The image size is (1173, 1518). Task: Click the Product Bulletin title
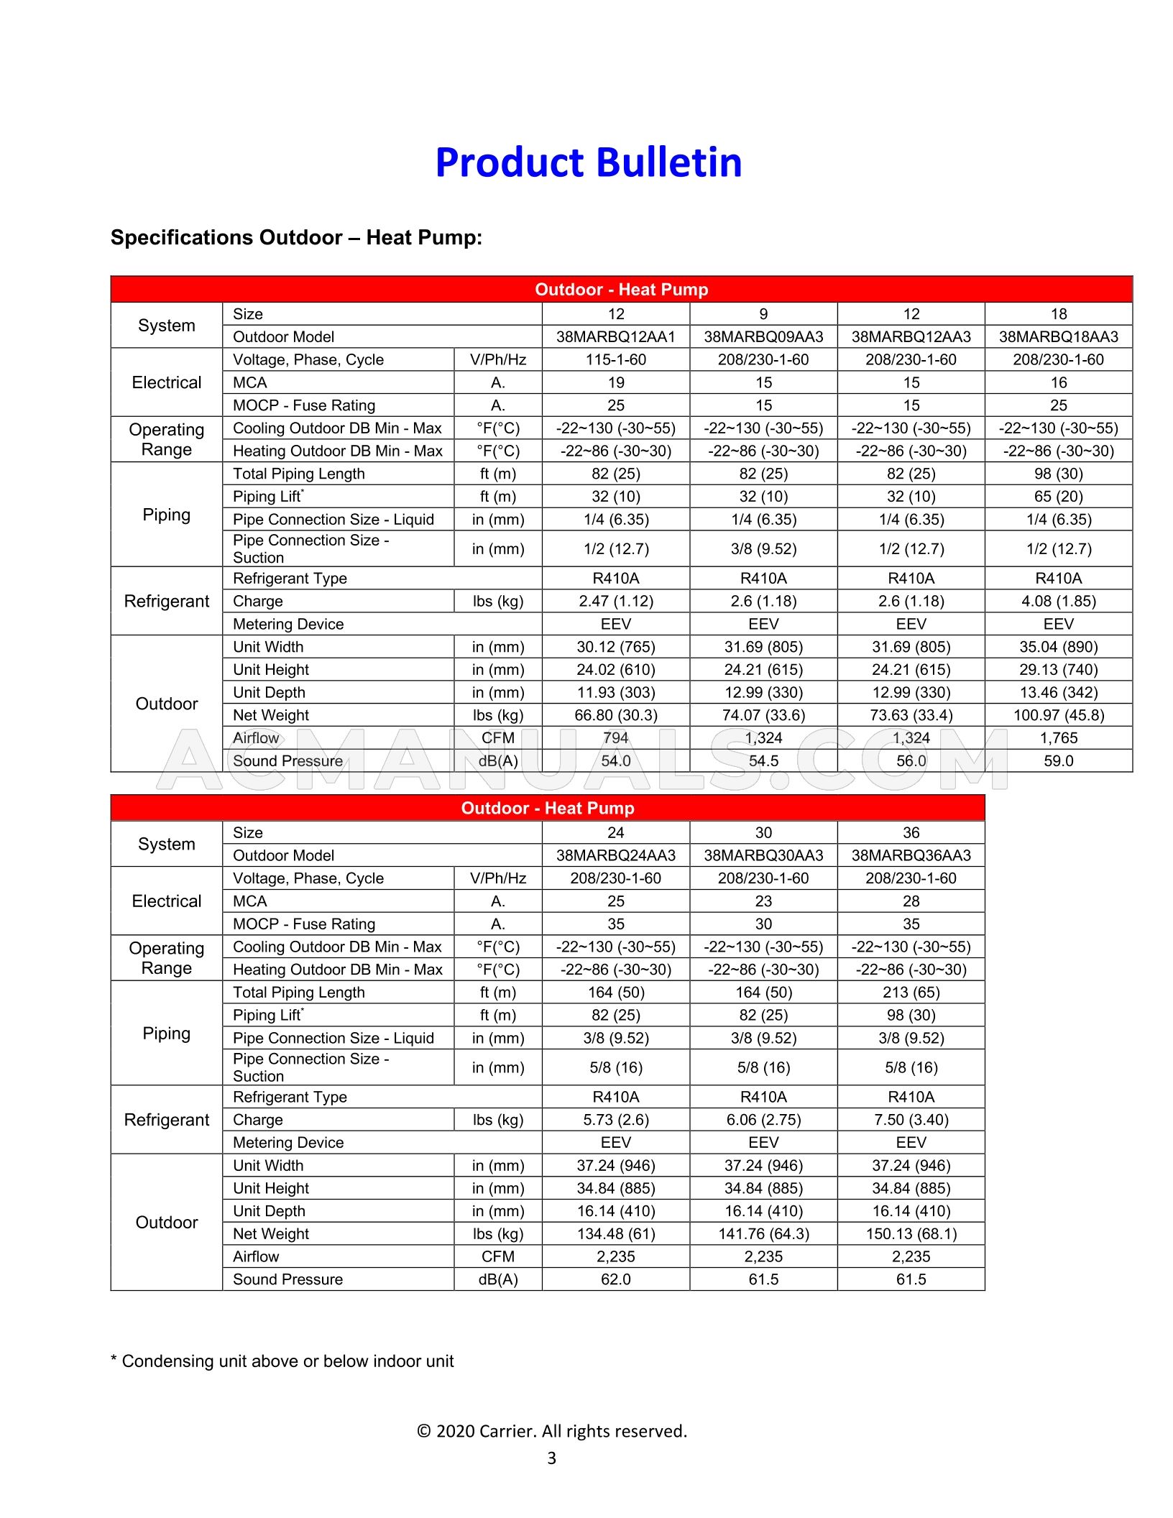[588, 162]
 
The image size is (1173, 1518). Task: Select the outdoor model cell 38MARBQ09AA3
[763, 336]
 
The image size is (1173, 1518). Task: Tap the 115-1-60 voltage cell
[615, 359]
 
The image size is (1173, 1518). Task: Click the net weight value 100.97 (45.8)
[1058, 715]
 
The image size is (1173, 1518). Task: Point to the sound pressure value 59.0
[1058, 760]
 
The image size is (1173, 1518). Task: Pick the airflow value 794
[615, 738]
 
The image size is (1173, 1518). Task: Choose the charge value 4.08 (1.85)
[1058, 601]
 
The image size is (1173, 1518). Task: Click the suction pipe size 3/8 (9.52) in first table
[763, 549]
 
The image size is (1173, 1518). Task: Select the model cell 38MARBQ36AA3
[911, 855]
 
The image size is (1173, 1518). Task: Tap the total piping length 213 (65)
[911, 993]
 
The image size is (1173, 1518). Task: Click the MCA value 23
[763, 901]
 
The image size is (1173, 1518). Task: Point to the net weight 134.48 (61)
[615, 1234]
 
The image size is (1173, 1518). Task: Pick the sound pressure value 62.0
[615, 1279]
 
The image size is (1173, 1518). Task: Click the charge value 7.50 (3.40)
[911, 1120]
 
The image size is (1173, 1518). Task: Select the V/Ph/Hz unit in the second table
[497, 878]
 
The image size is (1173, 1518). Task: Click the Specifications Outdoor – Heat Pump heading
[296, 238]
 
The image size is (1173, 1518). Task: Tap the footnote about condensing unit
[282, 1361]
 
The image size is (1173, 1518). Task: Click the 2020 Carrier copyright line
[551, 1431]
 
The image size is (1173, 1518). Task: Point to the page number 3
[551, 1458]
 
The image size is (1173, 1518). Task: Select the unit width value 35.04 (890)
[1058, 647]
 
